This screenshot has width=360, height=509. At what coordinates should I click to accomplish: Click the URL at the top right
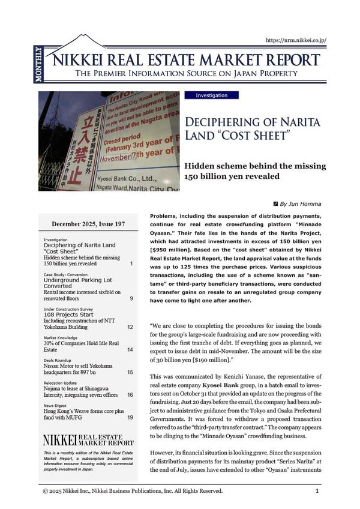[x=295, y=41]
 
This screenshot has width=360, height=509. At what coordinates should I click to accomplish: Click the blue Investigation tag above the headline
[x=211, y=95]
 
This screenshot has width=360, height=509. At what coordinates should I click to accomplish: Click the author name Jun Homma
[x=305, y=204]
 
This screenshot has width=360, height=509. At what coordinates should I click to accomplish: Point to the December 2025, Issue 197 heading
[x=88, y=224]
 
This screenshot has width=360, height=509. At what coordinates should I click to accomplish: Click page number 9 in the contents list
[x=131, y=298]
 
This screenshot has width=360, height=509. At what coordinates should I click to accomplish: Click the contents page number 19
[x=130, y=417]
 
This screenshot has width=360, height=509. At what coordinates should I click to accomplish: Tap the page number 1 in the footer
[x=317, y=491]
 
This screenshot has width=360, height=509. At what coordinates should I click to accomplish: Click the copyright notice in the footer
[x=132, y=491]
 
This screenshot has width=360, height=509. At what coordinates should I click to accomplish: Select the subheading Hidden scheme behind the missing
[x=254, y=166]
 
